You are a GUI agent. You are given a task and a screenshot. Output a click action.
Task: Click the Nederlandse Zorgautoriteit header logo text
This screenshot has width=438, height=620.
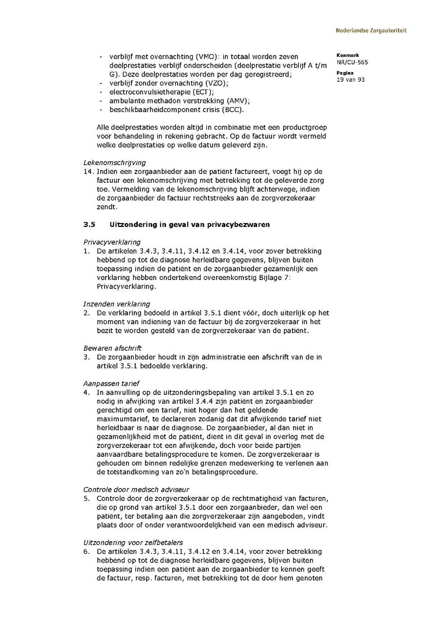click(x=371, y=31)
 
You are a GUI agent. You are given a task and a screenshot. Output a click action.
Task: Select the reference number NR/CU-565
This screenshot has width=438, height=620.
click(x=352, y=62)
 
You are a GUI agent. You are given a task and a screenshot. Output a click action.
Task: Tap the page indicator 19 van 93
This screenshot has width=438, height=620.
click(x=350, y=80)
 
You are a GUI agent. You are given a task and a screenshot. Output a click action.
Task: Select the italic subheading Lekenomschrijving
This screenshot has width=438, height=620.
click(x=114, y=163)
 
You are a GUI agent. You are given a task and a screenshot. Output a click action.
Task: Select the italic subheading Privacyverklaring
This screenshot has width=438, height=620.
click(x=112, y=242)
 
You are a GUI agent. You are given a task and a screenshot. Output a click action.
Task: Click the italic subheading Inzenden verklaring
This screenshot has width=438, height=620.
click(x=117, y=304)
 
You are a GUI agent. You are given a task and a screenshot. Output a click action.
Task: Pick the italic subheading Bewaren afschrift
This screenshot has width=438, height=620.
click(x=112, y=348)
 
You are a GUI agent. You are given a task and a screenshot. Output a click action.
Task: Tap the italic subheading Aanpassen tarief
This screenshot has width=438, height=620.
click(x=111, y=383)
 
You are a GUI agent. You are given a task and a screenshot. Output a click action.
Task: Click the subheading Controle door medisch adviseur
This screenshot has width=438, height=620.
click(x=136, y=489)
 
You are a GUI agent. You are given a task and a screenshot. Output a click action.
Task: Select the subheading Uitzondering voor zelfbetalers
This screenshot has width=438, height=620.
click(x=133, y=543)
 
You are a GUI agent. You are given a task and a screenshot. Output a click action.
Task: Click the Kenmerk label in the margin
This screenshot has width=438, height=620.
click(x=347, y=56)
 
